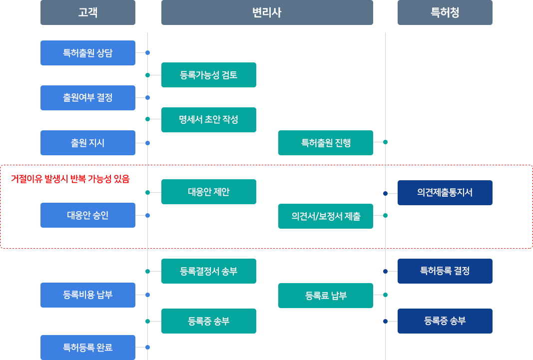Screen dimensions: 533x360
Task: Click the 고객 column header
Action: [x=88, y=12]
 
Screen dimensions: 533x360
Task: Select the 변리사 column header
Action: [x=267, y=12]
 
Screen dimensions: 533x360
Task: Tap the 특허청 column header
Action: [x=445, y=12]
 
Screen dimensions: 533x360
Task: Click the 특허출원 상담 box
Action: [x=88, y=53]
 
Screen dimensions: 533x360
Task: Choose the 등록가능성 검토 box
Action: [x=209, y=75]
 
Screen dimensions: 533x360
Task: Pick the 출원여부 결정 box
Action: [x=88, y=98]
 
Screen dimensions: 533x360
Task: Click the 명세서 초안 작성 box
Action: [x=209, y=119]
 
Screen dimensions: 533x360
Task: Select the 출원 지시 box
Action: [x=88, y=143]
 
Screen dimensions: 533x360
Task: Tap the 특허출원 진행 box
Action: [x=326, y=143]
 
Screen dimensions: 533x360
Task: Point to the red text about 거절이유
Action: [x=70, y=179]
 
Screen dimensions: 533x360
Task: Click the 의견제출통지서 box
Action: [x=445, y=193]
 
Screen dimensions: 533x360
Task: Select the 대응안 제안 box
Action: [x=209, y=192]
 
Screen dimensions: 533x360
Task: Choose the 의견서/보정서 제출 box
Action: [x=326, y=216]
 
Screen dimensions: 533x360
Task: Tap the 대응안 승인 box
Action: [x=88, y=215]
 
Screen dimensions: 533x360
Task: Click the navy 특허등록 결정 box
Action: [x=445, y=271]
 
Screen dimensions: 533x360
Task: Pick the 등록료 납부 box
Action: [x=326, y=296]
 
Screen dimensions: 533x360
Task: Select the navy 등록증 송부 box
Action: [x=445, y=321]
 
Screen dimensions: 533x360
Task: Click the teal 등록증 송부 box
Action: [x=209, y=321]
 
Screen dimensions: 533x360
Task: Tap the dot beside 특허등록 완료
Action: [x=147, y=347]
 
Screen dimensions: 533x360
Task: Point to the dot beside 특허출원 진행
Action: [x=385, y=142]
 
